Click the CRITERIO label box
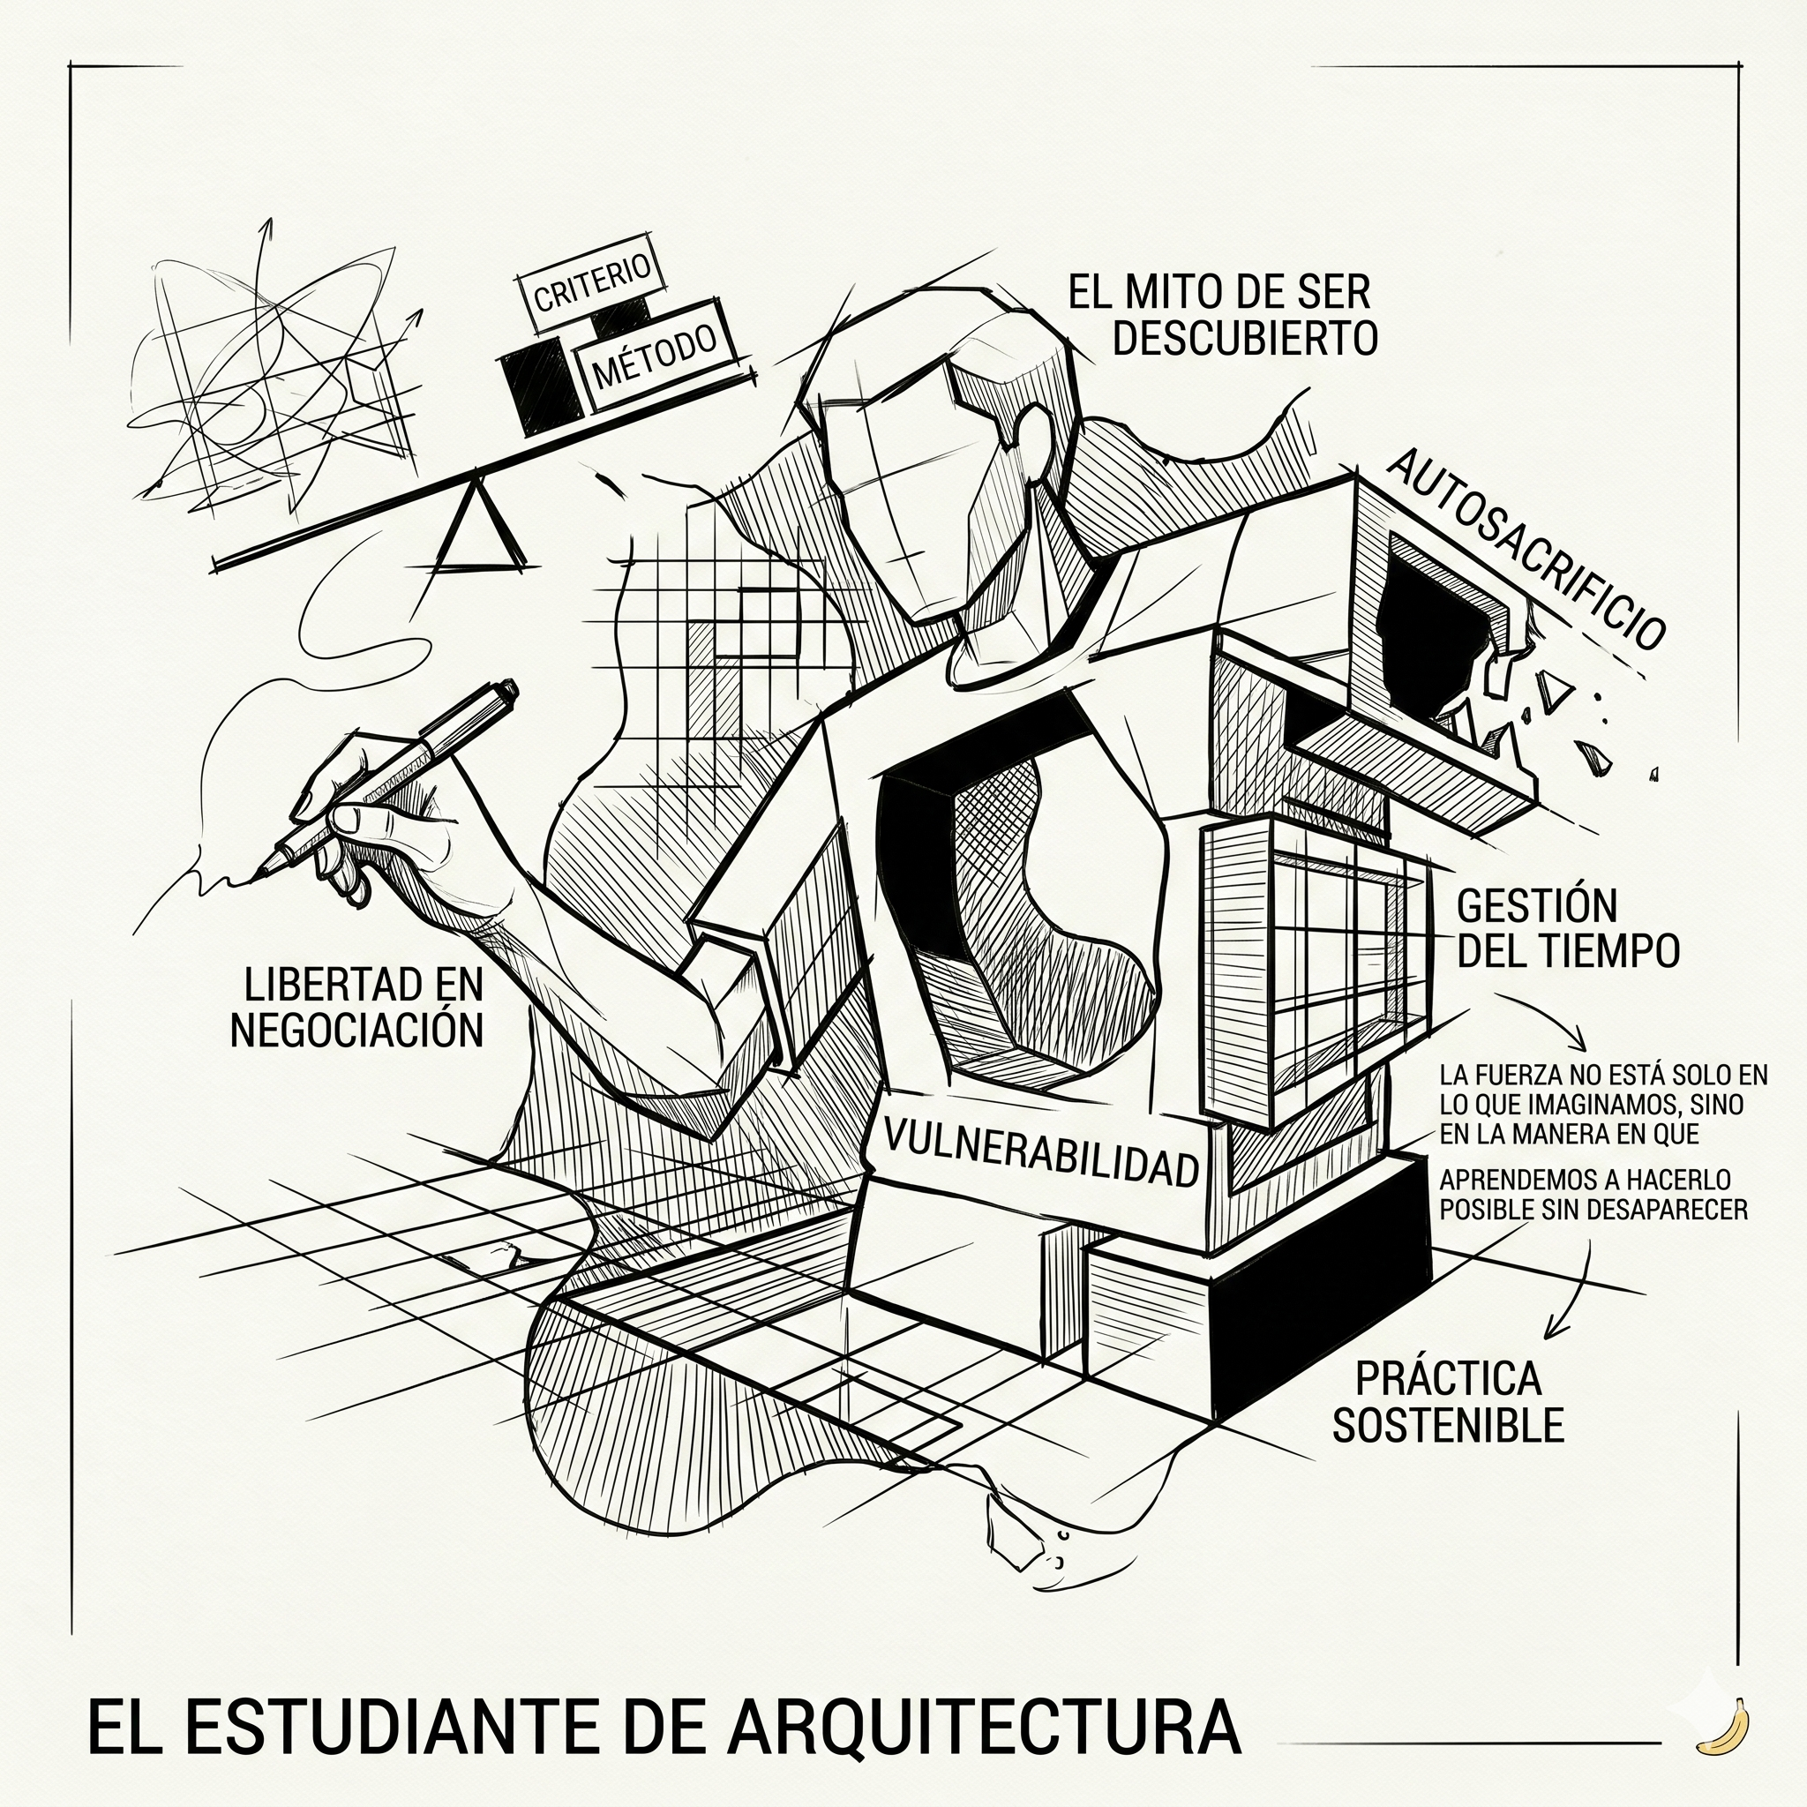pos(591,284)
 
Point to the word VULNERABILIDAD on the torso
pos(1040,1152)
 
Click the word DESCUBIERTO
pos(1245,339)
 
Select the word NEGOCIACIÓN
pos(356,1031)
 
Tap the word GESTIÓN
pos(1537,906)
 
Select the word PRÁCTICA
pos(1448,1377)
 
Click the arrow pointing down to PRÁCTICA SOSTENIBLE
pos(1553,1328)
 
